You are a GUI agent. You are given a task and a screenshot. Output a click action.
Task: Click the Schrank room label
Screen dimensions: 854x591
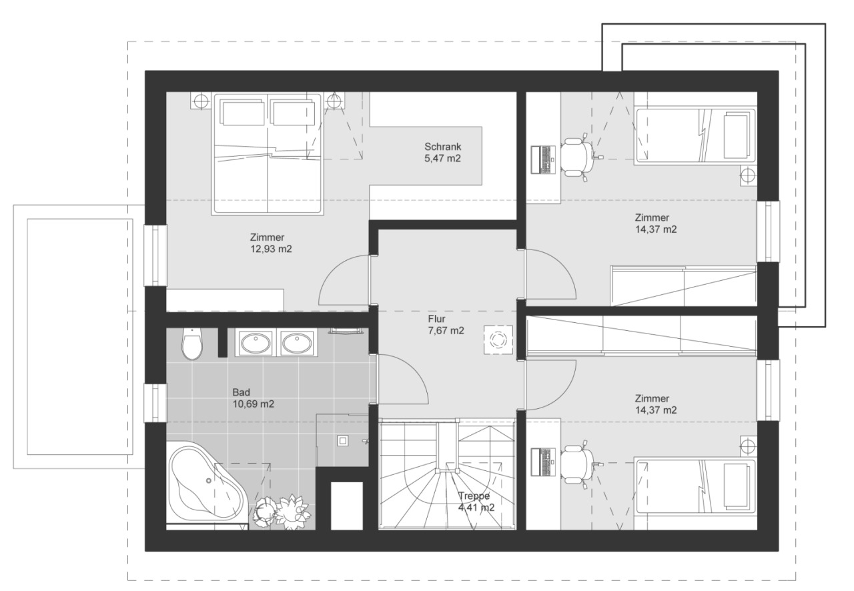coord(442,147)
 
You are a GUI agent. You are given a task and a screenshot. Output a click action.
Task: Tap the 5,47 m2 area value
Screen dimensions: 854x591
coord(442,158)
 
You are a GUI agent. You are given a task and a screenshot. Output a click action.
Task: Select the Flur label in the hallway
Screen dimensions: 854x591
coord(436,319)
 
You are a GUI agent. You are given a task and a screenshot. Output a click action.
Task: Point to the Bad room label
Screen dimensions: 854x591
coord(242,392)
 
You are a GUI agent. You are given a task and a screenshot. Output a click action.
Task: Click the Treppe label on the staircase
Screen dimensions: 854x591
coord(474,496)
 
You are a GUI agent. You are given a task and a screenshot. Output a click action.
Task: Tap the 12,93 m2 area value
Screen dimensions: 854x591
coord(271,249)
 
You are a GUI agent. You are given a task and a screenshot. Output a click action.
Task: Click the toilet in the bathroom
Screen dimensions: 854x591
coord(192,344)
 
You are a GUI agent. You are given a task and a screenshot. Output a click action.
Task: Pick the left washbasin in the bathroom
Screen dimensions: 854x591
coord(256,343)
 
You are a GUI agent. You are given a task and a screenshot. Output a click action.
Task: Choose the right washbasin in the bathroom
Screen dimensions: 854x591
coord(298,343)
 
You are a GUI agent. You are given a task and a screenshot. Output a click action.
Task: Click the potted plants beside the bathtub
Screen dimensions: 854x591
coord(282,512)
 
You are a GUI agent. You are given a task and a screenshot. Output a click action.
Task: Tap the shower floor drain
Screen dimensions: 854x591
coord(342,441)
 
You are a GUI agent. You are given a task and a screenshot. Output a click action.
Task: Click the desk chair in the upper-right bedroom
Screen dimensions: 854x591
coord(577,157)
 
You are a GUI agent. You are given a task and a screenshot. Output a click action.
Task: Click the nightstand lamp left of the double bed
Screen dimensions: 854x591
coord(200,101)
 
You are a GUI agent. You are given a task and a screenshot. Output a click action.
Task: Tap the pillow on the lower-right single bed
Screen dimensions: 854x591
coord(735,486)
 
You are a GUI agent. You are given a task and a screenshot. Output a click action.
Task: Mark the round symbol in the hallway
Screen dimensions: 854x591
coord(498,340)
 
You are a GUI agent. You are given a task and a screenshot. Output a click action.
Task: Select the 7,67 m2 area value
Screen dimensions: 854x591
coord(446,331)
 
